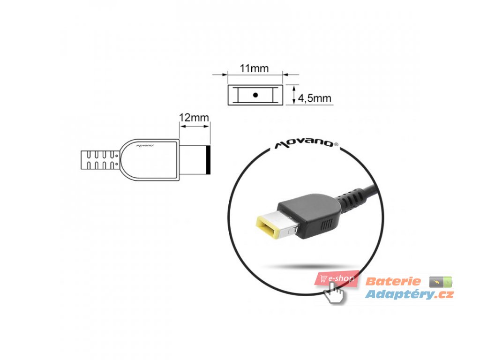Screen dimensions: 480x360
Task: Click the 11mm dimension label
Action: (254, 68)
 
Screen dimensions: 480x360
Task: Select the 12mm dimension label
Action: (194, 118)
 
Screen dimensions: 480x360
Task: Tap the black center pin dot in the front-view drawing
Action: (255, 95)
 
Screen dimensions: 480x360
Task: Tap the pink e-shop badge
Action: (337, 278)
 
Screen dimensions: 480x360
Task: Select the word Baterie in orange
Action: (393, 282)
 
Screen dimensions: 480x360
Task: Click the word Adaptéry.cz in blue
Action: (409, 294)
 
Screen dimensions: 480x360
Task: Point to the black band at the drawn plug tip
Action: (208, 160)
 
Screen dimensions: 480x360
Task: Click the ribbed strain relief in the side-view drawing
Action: (100, 159)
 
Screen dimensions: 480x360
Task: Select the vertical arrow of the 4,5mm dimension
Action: (293, 95)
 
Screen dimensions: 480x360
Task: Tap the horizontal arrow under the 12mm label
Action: (195, 126)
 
